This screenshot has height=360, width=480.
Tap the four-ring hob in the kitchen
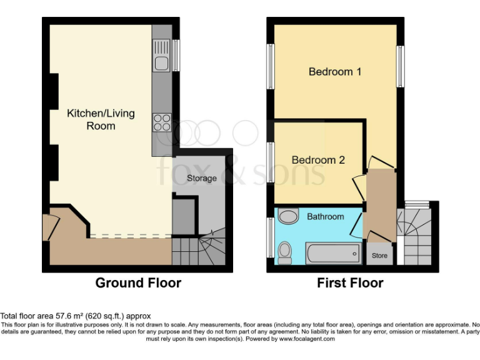tap(162, 122)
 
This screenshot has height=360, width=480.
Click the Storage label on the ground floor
tap(202, 178)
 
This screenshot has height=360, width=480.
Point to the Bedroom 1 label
tap(335, 71)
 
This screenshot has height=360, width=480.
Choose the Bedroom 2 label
tap(318, 160)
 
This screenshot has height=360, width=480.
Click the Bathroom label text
tap(325, 216)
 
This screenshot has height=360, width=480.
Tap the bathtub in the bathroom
tap(334, 253)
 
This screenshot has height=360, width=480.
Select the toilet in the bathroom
tap(284, 253)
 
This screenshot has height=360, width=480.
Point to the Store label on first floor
tap(380, 256)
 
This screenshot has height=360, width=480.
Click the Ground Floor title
tap(138, 283)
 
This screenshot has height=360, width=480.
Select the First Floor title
tap(350, 283)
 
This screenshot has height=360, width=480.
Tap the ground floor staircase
tap(200, 249)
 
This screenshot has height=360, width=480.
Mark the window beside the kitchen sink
tap(176, 55)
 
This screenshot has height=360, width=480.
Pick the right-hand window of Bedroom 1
tap(400, 66)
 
